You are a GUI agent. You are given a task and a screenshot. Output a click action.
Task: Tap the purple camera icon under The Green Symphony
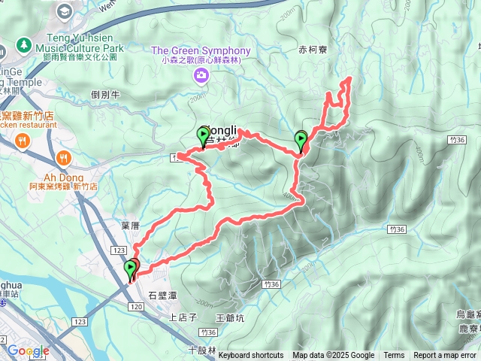click(x=201, y=74)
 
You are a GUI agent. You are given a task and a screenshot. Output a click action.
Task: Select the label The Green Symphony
click(x=201, y=51)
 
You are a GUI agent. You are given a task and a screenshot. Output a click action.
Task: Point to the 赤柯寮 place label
click(x=313, y=51)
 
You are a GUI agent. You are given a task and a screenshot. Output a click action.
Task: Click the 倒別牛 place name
click(x=105, y=95)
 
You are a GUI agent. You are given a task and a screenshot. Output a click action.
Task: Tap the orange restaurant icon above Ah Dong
click(x=63, y=159)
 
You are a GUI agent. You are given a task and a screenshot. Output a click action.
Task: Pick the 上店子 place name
click(x=182, y=317)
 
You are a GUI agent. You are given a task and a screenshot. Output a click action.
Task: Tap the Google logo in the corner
click(x=28, y=350)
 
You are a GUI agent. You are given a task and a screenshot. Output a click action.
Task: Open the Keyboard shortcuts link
click(x=250, y=356)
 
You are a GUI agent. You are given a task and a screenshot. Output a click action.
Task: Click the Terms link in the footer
click(x=394, y=356)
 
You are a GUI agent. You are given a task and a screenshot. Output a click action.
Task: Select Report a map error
click(x=444, y=356)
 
